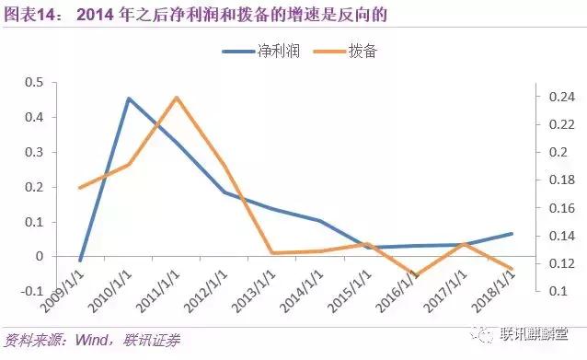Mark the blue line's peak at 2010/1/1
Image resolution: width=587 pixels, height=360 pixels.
[128, 99]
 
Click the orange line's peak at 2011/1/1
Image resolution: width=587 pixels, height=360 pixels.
[176, 97]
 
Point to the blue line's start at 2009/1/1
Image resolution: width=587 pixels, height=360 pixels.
[81, 261]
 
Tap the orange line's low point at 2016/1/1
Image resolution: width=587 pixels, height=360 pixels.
[416, 275]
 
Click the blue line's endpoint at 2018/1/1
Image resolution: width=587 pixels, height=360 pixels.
[512, 234]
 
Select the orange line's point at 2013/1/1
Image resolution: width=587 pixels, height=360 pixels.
[271, 252]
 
